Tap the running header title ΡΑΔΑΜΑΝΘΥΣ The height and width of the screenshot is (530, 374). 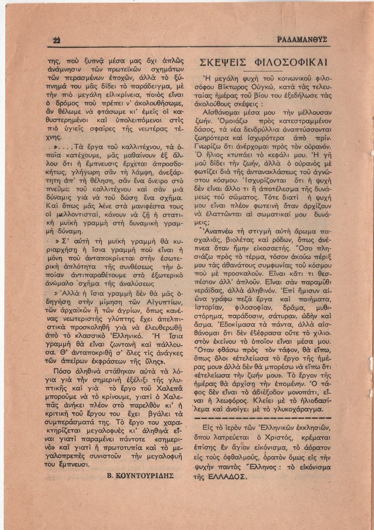(x=302, y=40)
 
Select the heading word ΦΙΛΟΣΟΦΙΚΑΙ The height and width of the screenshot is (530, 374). (x=291, y=63)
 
